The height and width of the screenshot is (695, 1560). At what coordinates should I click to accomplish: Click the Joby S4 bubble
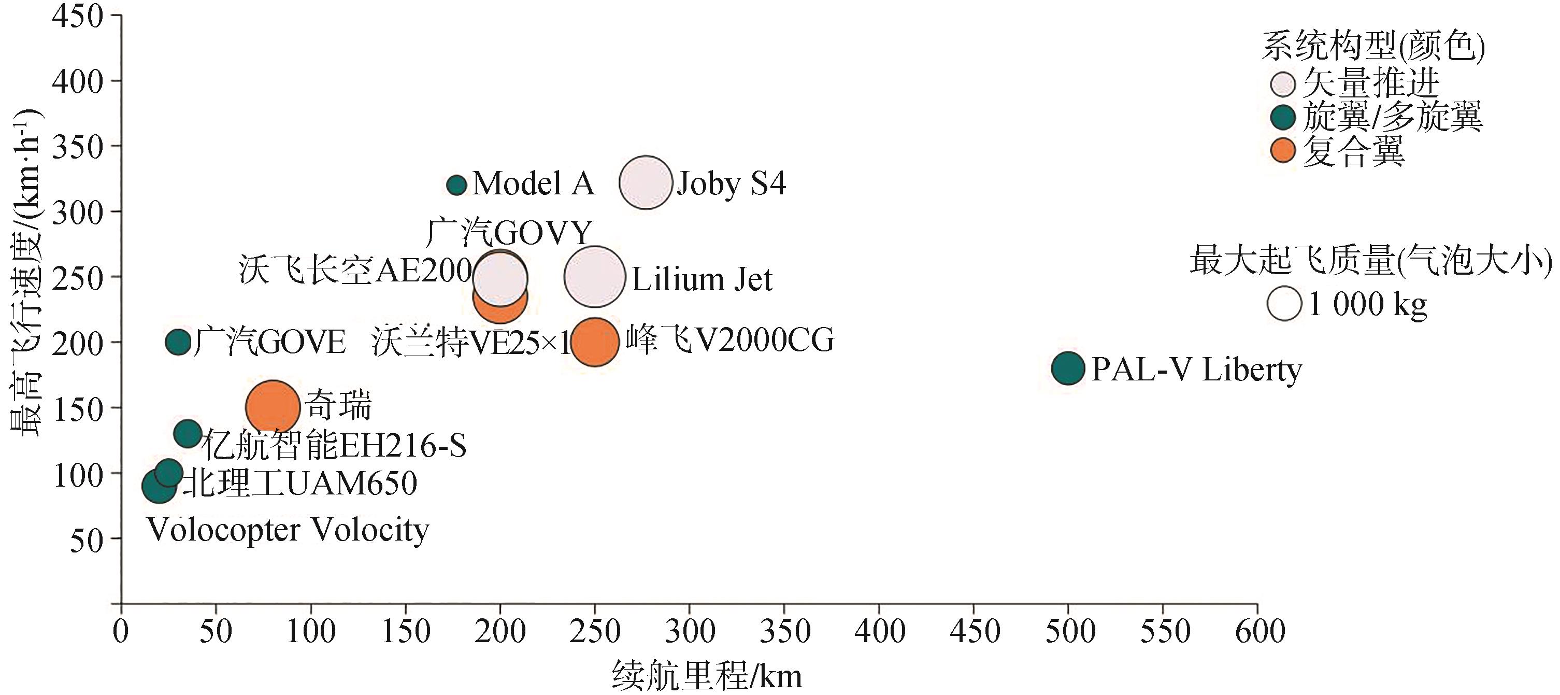coord(646,182)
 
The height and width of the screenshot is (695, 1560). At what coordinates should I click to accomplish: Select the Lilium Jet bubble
coord(595,276)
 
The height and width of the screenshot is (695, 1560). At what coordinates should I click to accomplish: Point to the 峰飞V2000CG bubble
coord(595,342)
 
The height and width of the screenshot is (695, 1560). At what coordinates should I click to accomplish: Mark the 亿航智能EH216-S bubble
coord(188,433)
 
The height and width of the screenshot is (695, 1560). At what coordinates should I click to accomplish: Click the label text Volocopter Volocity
coord(288,530)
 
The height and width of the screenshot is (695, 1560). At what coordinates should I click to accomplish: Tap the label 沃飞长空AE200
coord(355,270)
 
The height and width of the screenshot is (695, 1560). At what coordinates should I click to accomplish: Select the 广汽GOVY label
coord(509,233)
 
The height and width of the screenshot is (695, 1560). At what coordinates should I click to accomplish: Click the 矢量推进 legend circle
coord(1283,84)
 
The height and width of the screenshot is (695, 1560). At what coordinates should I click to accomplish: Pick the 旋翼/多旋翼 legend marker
coord(1283,118)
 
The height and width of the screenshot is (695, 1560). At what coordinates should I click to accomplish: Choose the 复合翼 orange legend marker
coord(1283,150)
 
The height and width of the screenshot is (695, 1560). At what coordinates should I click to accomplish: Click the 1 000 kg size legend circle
coord(1284,304)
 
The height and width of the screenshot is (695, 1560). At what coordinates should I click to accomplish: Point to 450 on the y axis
coord(78,17)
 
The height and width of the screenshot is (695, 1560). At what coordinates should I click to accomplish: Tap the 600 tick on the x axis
coord(1260,631)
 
